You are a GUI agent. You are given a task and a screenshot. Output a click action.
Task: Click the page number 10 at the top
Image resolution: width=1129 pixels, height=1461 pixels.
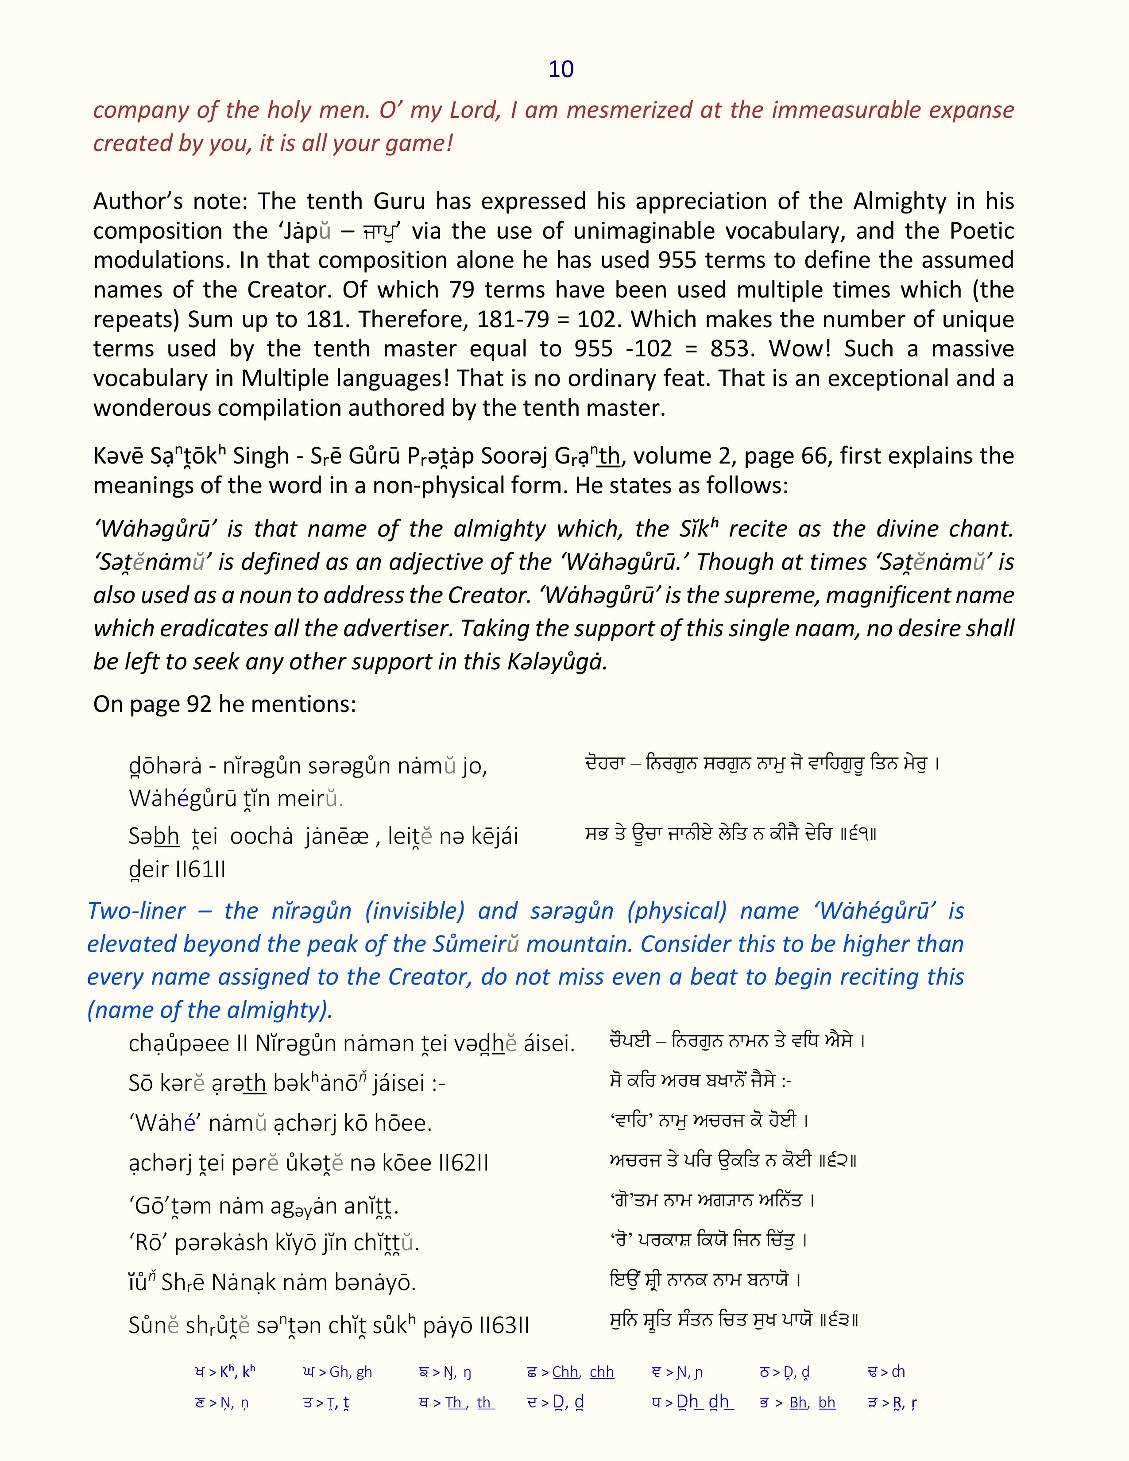point(561,69)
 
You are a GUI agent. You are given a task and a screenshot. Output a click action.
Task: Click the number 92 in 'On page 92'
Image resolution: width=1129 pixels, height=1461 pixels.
point(199,704)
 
